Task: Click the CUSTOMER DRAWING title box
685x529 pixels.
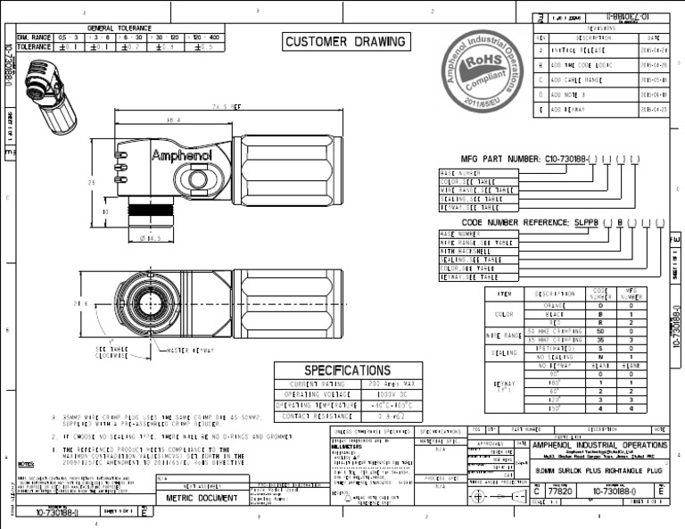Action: point(345,42)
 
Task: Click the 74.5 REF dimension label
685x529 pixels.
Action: point(226,104)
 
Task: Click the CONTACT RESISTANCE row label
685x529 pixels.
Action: point(315,416)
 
